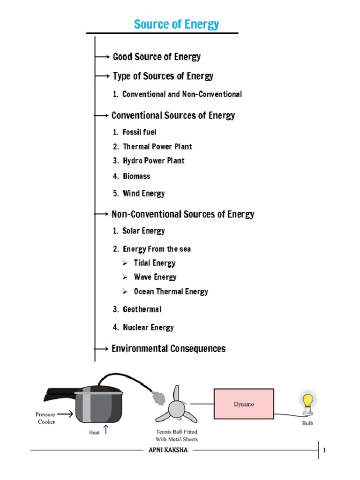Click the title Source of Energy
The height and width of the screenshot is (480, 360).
[176, 24]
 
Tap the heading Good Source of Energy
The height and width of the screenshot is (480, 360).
[157, 57]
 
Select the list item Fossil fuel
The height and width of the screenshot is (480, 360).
[139, 132]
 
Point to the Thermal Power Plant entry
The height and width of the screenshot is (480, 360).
[157, 146]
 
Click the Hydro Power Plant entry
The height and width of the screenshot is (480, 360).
[153, 160]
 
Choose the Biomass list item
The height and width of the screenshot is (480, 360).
[136, 176]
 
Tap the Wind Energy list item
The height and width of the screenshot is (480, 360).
[143, 193]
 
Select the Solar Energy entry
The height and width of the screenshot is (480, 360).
[143, 231]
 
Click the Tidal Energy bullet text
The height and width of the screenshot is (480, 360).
[155, 263]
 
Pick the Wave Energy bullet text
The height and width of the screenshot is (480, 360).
[155, 277]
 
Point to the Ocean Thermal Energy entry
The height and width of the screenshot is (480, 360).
[171, 291]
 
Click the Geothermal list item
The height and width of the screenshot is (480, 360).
[142, 309]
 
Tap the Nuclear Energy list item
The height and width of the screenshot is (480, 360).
[148, 327]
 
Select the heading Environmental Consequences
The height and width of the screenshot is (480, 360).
[168, 349]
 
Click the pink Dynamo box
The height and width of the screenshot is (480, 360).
[244, 404]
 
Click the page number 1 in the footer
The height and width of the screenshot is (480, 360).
[324, 451]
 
